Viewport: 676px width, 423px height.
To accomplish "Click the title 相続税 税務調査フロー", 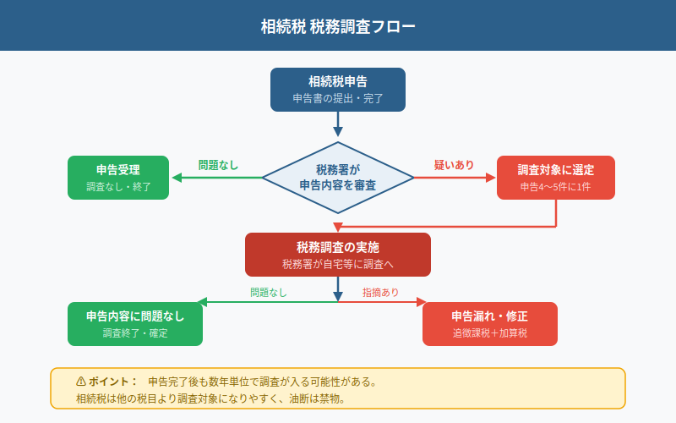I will [x=338, y=26].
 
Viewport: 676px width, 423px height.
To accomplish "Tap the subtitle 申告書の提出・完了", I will [x=338, y=99].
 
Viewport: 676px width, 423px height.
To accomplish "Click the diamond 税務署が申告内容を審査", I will [x=338, y=178].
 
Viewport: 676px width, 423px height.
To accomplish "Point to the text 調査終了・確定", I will [x=135, y=333].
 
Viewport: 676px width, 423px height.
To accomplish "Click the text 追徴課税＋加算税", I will [x=490, y=333].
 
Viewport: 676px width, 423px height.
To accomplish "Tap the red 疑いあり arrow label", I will [x=454, y=165].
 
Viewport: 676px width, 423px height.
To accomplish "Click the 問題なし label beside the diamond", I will [x=218, y=165].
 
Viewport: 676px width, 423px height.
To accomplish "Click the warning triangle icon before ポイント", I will [x=81, y=382].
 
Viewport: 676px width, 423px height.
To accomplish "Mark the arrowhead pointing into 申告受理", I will [x=176, y=178].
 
